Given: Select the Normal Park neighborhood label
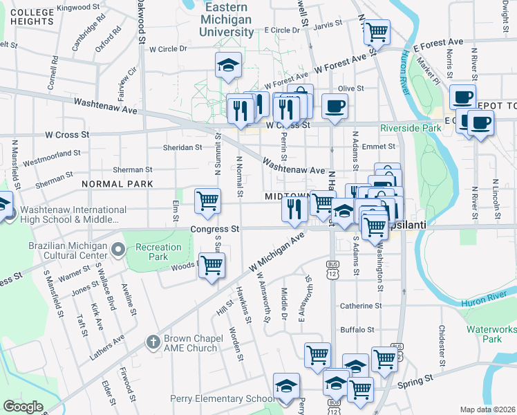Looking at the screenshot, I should coord(117,184).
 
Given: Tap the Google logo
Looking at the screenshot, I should coord(23,407).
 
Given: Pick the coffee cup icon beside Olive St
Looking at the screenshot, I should coord(335,106).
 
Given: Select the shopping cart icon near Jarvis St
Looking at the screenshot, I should coord(377,30).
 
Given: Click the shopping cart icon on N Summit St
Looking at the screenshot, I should coord(207,200).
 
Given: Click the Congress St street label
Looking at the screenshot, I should coord(214,228).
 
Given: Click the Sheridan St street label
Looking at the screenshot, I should coord(182,147).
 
